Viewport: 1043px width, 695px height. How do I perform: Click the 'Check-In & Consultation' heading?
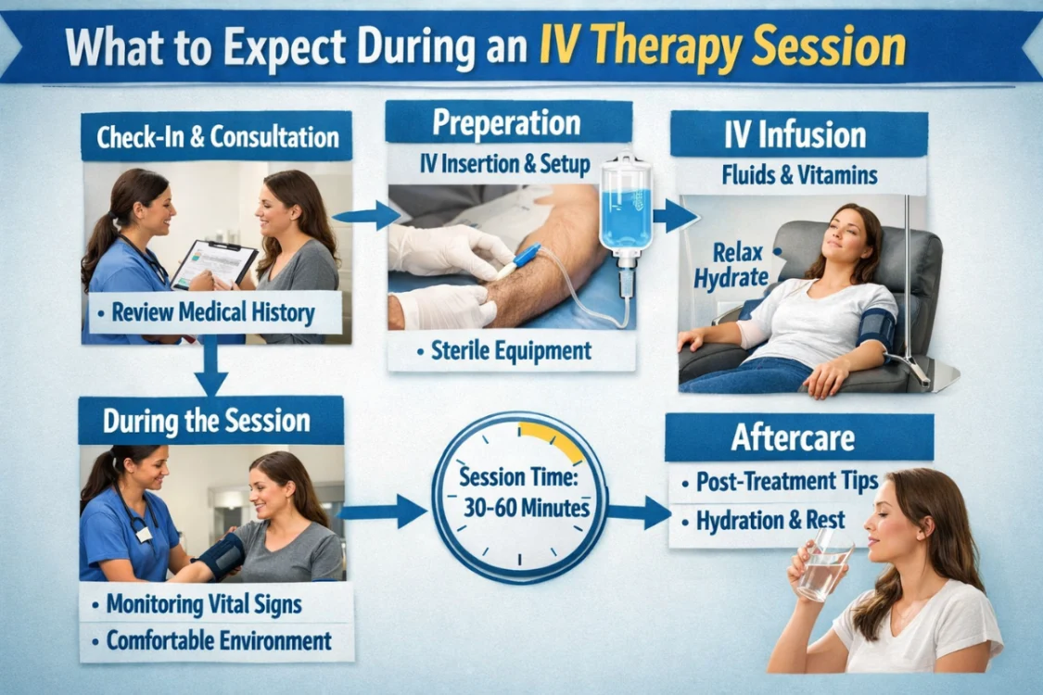[217, 138]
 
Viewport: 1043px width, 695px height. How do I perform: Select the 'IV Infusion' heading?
[798, 134]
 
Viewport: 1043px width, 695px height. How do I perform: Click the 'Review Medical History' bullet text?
[212, 312]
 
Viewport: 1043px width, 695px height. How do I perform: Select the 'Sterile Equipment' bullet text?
[511, 351]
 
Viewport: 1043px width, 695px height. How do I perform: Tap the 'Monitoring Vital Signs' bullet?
[204, 604]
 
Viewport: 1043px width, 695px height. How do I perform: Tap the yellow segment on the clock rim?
[554, 438]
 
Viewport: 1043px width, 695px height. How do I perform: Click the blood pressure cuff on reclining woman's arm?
[876, 330]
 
